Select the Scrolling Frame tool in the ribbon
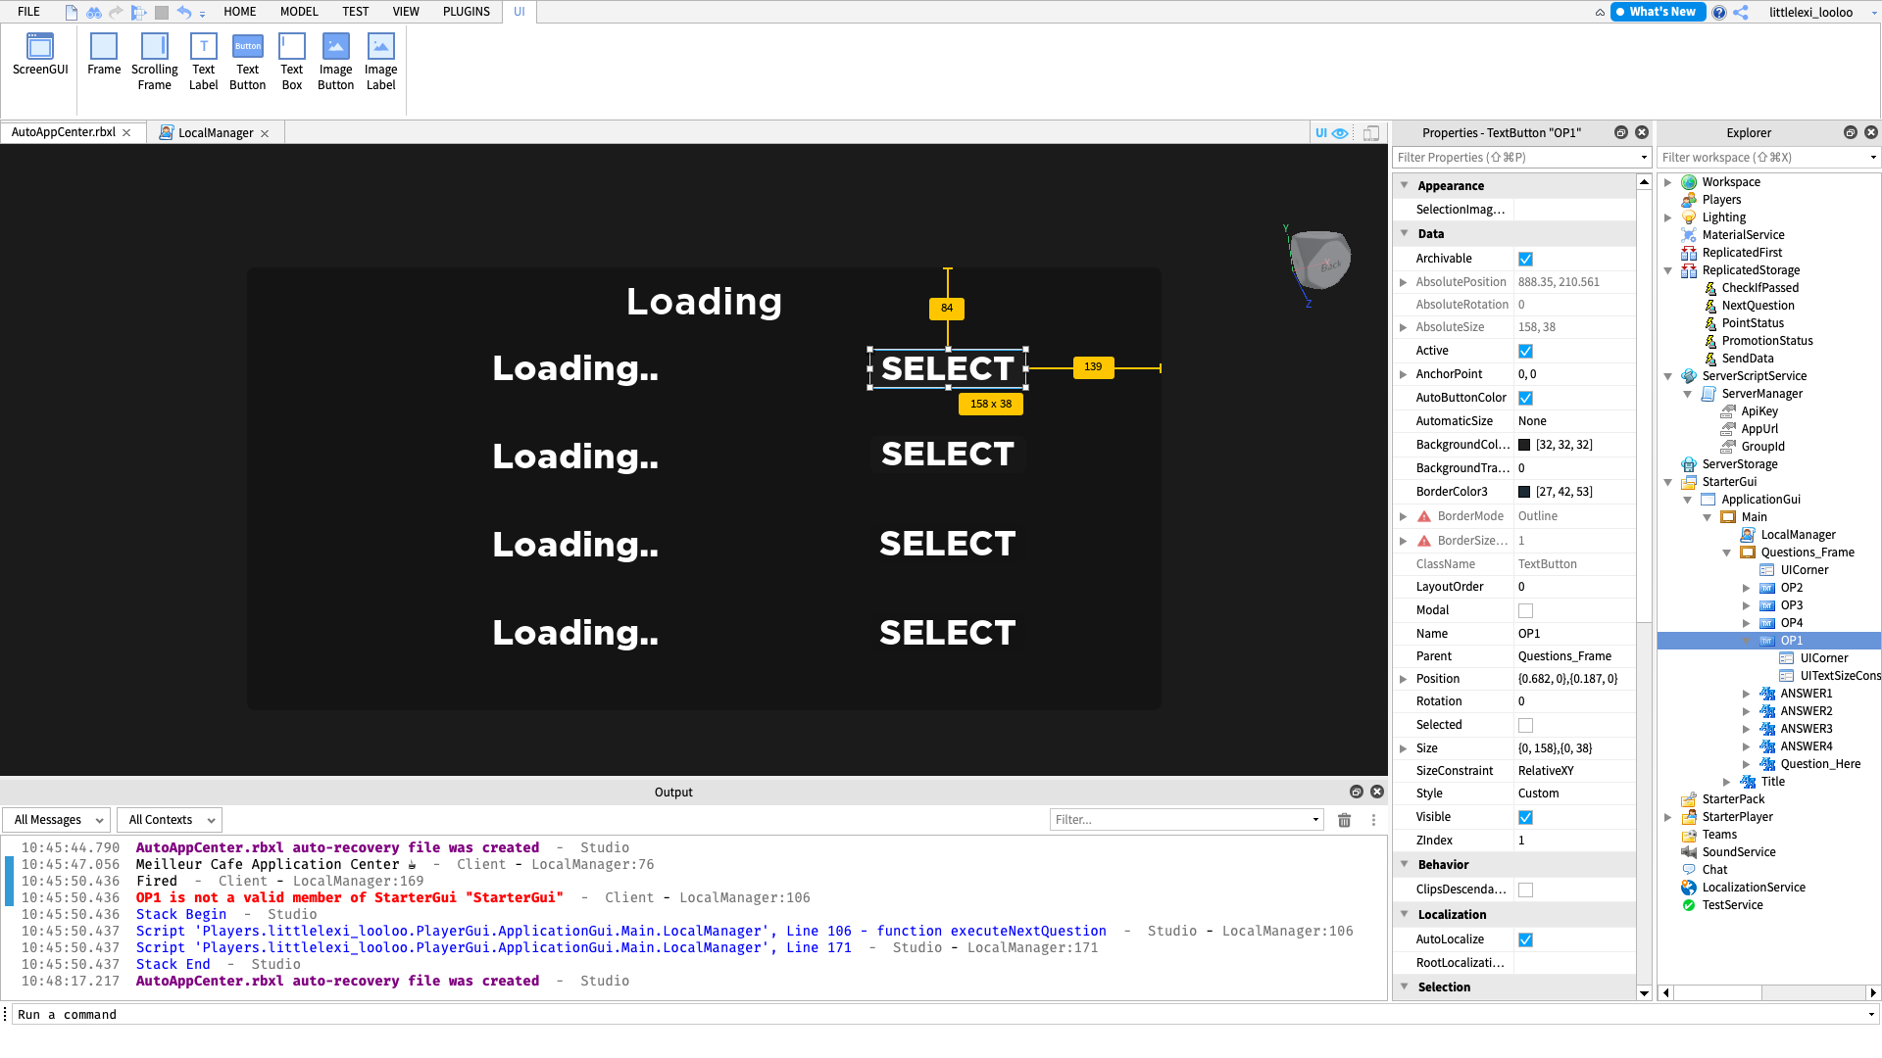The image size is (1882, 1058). click(x=155, y=62)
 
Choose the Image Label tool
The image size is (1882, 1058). click(x=380, y=62)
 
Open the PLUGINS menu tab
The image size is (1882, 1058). click(x=467, y=12)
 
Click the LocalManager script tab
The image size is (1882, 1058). click(x=216, y=132)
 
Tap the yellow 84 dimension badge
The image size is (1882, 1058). click(x=947, y=308)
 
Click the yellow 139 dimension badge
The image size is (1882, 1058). click(x=1093, y=366)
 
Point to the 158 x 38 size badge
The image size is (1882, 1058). click(x=991, y=404)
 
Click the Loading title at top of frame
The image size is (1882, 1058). click(x=704, y=302)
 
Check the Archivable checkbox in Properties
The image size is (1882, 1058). click(x=1525, y=259)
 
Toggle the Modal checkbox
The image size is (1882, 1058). click(x=1525, y=610)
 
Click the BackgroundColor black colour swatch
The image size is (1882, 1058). click(x=1524, y=445)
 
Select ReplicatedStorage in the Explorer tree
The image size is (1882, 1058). click(x=1751, y=270)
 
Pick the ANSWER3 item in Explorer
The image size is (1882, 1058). click(x=1807, y=729)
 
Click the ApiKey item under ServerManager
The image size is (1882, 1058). click(x=1759, y=411)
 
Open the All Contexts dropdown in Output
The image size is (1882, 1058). click(x=170, y=820)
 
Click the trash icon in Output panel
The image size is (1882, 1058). click(x=1344, y=820)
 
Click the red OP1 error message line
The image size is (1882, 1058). click(x=350, y=897)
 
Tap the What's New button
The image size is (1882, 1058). click(x=1658, y=12)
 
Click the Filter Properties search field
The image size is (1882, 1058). click(x=1519, y=157)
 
